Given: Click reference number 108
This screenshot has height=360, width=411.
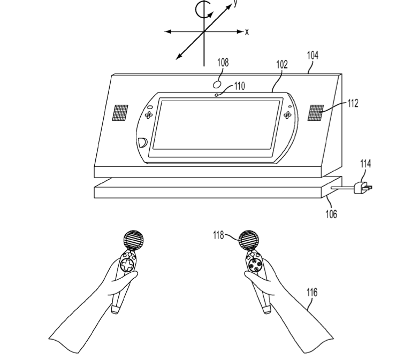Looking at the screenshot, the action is tap(223, 63).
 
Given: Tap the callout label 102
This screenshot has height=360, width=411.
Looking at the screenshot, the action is tap(282, 64).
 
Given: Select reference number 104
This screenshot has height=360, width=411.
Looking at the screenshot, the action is tap(313, 55).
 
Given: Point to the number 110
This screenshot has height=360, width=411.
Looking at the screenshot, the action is tap(239, 86).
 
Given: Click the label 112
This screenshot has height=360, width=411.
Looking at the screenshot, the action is tap(353, 103).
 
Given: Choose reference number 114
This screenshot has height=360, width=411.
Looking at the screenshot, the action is tap(366, 164).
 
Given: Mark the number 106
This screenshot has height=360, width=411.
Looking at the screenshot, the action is tap(331, 214).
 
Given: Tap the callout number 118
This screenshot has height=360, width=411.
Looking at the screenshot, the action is tap(218, 235).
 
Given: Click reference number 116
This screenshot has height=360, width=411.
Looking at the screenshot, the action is tap(312, 292).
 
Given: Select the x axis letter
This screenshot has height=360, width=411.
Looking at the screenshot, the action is tap(247, 32).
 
